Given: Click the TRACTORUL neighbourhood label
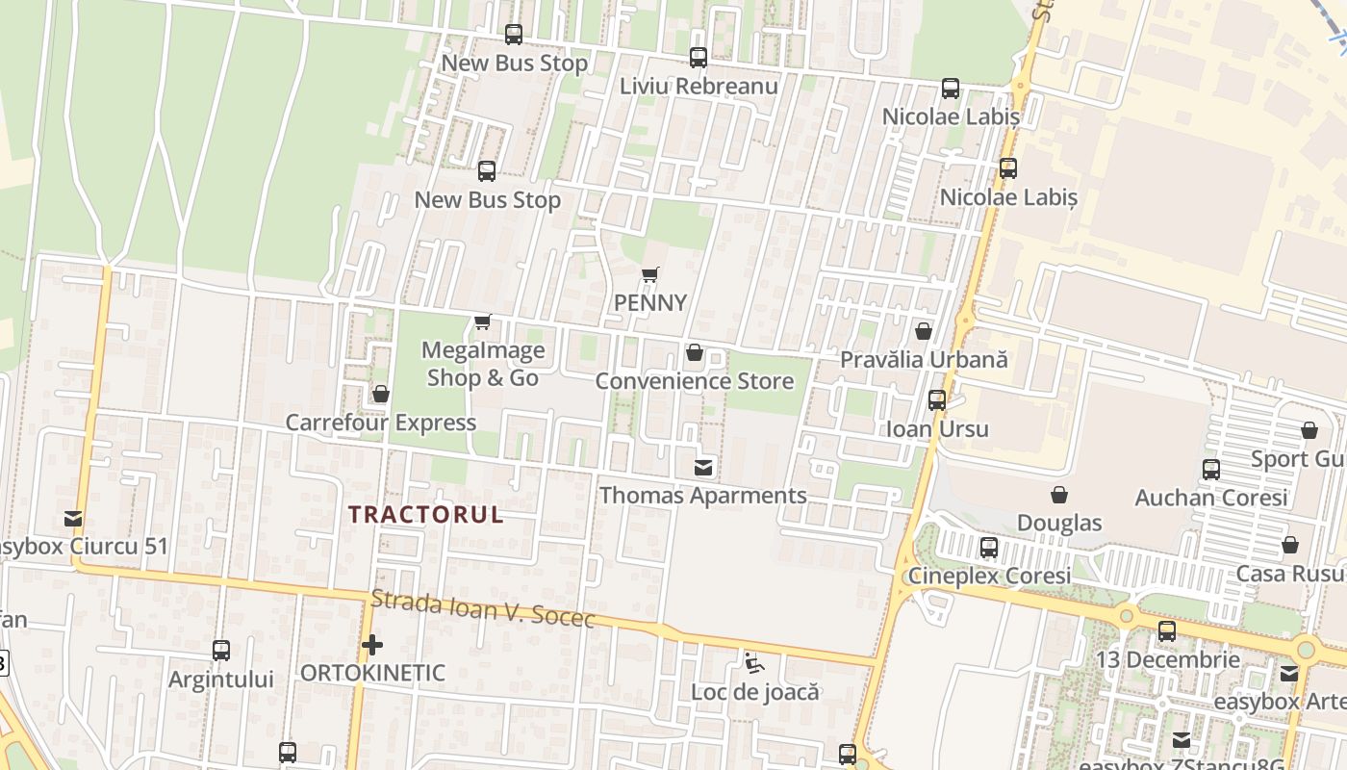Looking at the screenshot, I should point(426,514).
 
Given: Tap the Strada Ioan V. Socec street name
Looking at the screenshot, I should point(483,608).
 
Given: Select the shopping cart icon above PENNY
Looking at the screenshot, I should point(650,275).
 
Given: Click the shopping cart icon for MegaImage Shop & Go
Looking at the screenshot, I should point(483,321).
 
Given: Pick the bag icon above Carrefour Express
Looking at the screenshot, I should point(381,394).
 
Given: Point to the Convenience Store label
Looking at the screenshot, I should point(694,381).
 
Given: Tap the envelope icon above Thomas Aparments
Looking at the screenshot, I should point(703,468).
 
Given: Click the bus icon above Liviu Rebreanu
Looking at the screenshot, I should point(699,58).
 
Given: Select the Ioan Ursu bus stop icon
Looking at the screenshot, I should point(937,400).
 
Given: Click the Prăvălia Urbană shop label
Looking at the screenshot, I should point(924,360).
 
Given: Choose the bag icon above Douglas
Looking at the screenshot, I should point(1059,495).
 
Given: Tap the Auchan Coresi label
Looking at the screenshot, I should point(1210,498).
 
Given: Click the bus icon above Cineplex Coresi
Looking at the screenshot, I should point(989,548).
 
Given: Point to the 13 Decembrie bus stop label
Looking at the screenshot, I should point(1168,660).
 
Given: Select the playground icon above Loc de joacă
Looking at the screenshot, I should point(754,663).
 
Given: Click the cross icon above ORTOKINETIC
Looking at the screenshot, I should point(372,645).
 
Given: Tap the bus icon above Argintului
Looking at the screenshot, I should point(221,651).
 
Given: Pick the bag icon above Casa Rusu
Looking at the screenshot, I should point(1290,545).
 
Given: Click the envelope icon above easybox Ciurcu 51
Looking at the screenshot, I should point(73,519).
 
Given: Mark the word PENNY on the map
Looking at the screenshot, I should point(650,303).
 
